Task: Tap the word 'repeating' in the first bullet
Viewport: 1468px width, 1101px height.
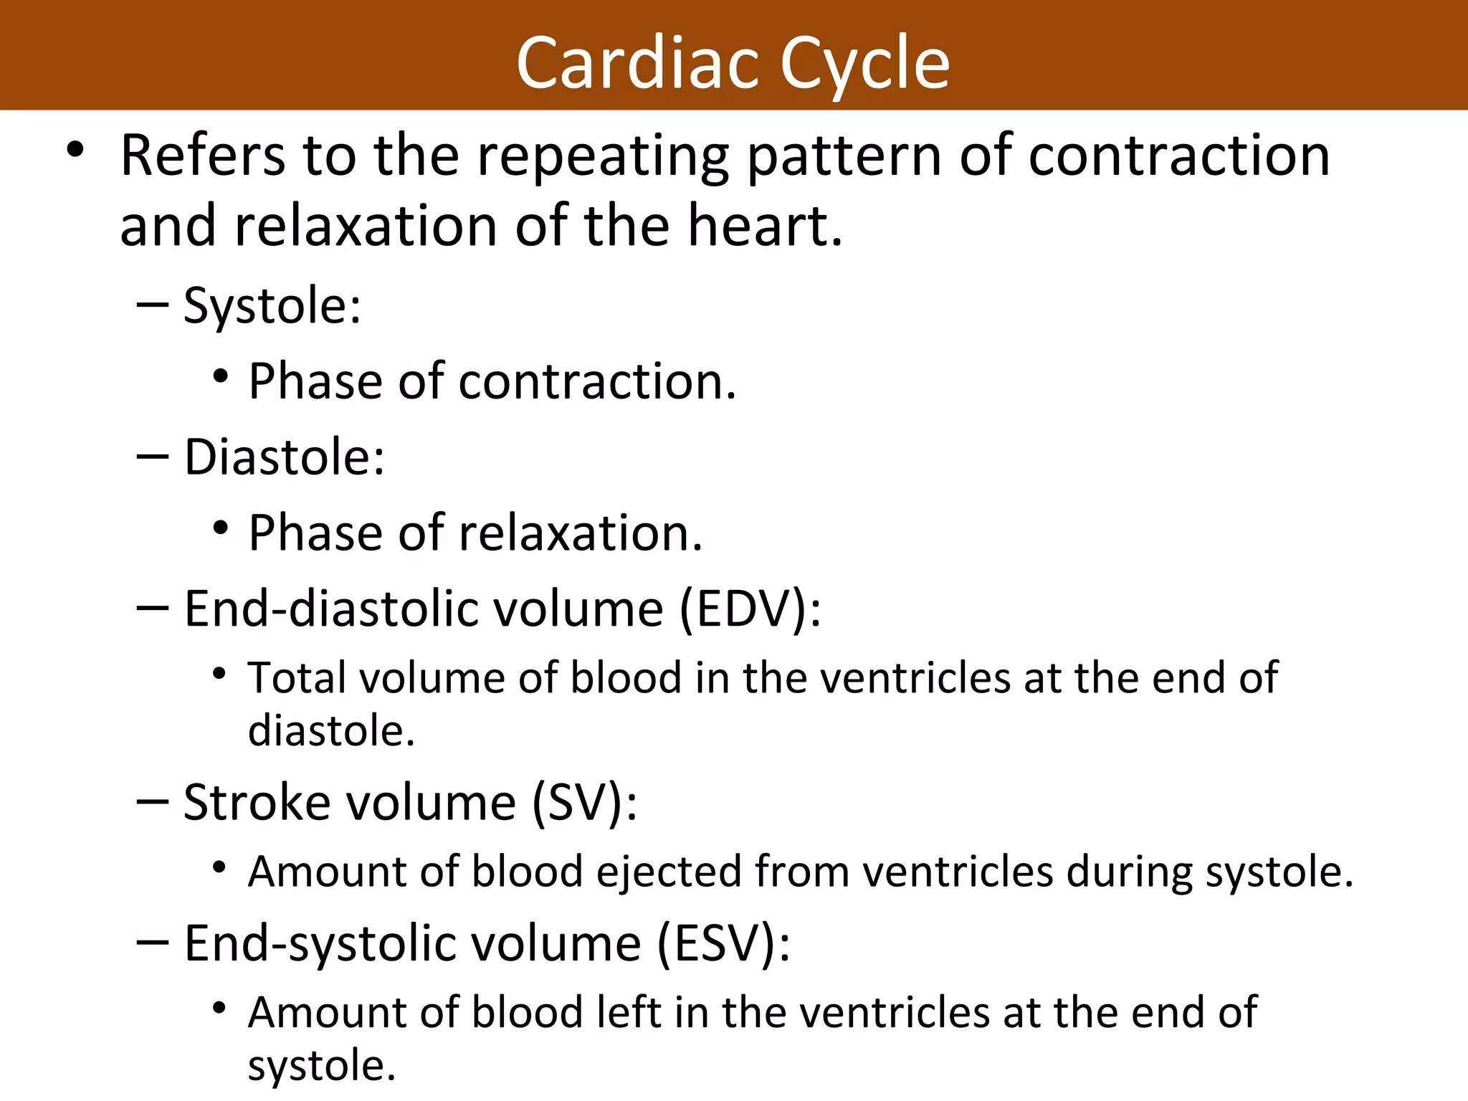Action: tap(603, 156)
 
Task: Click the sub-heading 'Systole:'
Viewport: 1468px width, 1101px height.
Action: tap(272, 306)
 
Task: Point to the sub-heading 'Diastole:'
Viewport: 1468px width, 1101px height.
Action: tap(285, 457)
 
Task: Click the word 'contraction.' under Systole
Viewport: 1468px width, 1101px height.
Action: tap(597, 381)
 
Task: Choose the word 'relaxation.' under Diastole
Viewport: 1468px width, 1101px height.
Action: tap(581, 533)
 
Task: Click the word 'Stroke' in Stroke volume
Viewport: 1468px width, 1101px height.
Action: tap(257, 802)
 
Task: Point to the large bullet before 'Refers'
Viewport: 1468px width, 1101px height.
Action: tap(75, 151)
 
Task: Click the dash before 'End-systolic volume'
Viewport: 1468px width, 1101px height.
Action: tap(152, 943)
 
